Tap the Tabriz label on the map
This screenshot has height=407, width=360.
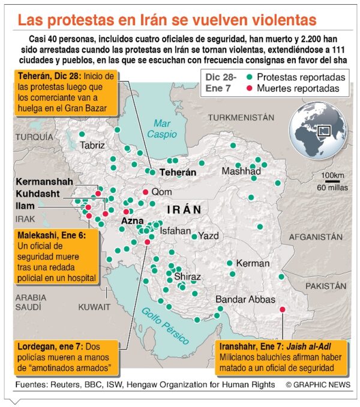92,145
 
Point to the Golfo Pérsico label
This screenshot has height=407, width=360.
161,324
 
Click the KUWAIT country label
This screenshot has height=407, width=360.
95,306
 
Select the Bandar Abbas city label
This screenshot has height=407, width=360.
245,299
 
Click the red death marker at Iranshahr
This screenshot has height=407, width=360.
282,309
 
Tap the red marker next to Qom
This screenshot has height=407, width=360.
145,192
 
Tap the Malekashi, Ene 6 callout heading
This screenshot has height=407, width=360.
52,236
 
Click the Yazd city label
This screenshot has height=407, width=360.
209,236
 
